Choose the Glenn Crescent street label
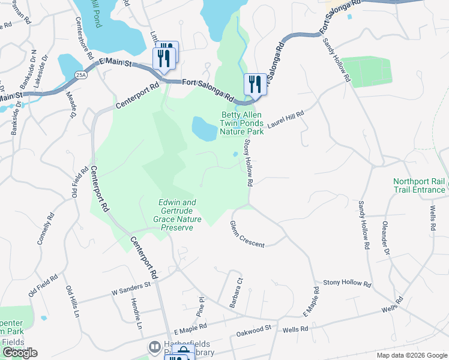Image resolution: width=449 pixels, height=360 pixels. click(247, 233)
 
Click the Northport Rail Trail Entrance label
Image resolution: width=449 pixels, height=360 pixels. click(420, 185)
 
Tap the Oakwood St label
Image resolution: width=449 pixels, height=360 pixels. click(254, 329)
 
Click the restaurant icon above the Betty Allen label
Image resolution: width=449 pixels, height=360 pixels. click(255, 84)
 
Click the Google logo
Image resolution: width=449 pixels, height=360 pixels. click(20, 353)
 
